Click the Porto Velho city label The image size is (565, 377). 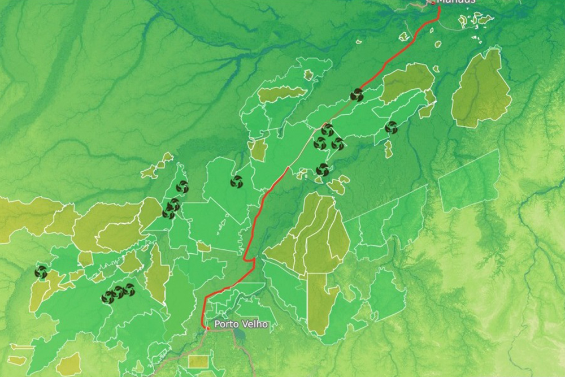pyautogui.click(x=241, y=325)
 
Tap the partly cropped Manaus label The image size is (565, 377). pyautogui.click(x=455, y=2)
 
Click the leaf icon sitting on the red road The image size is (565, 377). pyautogui.click(x=357, y=95)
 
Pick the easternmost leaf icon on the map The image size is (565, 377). pyautogui.click(x=391, y=128)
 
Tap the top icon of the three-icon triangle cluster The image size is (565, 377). pyautogui.click(x=328, y=131)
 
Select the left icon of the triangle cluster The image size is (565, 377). pyautogui.click(x=320, y=144)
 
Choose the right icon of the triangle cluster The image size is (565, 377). pyautogui.click(x=337, y=144)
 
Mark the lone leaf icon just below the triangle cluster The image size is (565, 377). pyautogui.click(x=323, y=170)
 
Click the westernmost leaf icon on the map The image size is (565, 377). pyautogui.click(x=41, y=272)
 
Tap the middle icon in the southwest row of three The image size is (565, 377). pyautogui.click(x=119, y=292)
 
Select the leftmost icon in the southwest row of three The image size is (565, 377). pyautogui.click(x=108, y=297)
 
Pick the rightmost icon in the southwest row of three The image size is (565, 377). pyautogui.click(x=129, y=290)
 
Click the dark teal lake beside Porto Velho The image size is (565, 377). pyautogui.click(x=240, y=335)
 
